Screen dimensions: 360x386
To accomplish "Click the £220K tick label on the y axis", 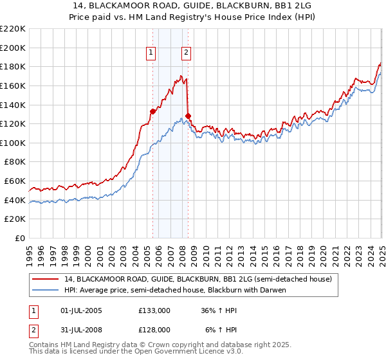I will (x=13, y=29).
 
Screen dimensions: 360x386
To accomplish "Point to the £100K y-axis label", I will (x=13, y=143).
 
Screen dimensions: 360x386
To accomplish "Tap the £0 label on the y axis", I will (x=21, y=238).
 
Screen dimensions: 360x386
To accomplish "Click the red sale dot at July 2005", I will (x=152, y=111).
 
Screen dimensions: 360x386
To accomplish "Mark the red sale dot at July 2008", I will (x=188, y=116).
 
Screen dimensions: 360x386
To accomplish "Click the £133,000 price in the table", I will (x=154, y=310).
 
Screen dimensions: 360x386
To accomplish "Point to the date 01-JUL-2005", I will (x=80, y=310).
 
